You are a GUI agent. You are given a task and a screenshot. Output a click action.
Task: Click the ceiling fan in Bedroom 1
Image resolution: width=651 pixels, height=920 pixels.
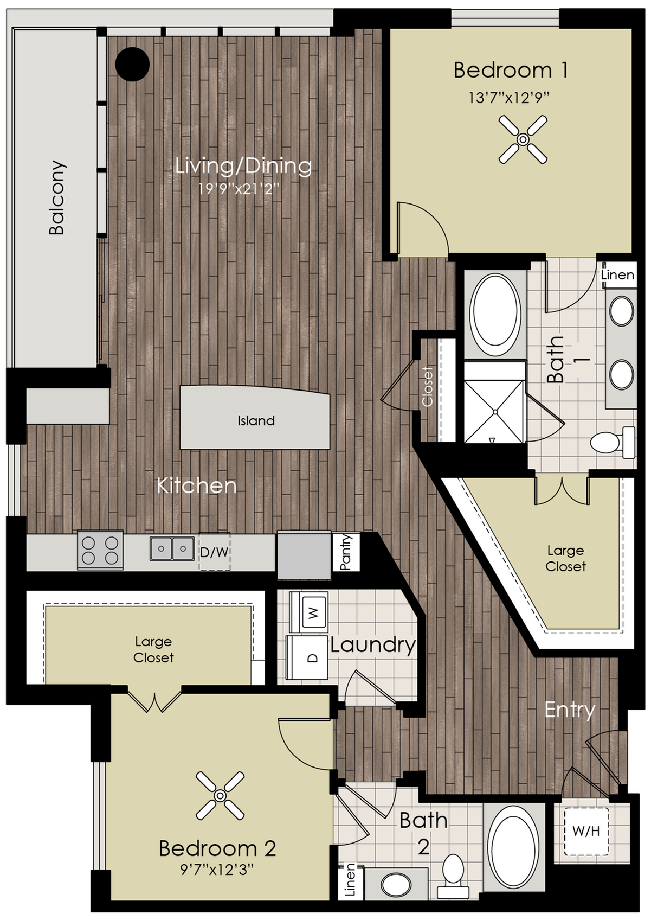(523, 139)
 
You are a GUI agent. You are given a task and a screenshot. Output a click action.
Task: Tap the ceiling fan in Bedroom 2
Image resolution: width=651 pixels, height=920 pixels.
(220, 796)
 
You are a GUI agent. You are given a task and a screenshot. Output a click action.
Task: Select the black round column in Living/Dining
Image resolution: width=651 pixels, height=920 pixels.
(132, 64)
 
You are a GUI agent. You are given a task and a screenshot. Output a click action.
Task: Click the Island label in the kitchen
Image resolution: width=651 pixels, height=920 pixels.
(256, 420)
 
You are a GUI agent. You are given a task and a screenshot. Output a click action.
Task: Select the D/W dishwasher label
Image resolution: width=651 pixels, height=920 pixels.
(215, 552)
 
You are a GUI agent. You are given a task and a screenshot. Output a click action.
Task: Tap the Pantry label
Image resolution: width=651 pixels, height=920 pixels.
(346, 552)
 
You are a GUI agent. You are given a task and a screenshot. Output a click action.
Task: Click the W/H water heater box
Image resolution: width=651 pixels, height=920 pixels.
(586, 830)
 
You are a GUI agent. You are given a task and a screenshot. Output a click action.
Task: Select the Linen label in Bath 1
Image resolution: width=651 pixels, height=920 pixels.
(617, 275)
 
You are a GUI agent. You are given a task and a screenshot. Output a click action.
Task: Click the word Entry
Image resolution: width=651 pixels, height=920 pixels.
(569, 710)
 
